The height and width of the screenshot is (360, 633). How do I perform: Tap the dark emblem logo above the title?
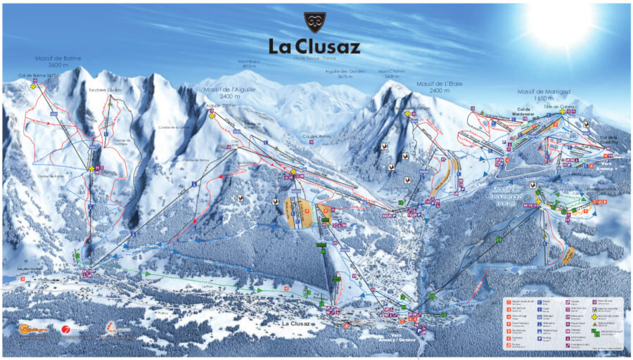coord(314,22)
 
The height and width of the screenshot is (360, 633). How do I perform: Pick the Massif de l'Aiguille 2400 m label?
coord(229,93)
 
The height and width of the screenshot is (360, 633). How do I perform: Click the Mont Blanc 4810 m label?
coord(248,63)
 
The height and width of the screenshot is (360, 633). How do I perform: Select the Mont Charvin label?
coord(392,73)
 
